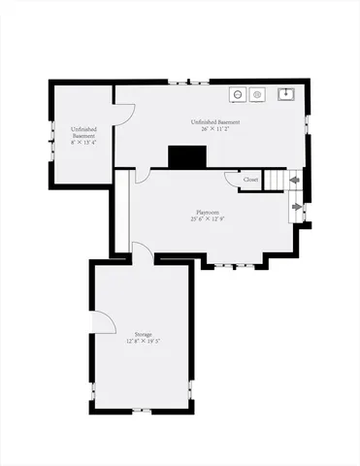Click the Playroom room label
point(206,211)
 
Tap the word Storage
point(143,334)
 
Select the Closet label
point(250,180)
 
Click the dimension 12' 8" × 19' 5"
point(143,342)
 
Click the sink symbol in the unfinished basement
point(286,94)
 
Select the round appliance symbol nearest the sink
point(258,94)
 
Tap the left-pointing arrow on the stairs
point(294,180)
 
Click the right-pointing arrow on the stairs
point(296,206)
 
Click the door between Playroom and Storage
point(142,250)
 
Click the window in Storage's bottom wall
point(142,411)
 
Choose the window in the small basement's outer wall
point(50,147)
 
